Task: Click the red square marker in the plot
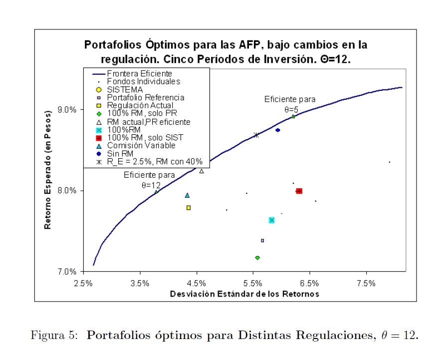[299, 191]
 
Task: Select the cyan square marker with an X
[271, 220]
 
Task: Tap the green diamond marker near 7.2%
[257, 258]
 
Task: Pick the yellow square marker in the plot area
[188, 208]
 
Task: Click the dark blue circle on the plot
[278, 130]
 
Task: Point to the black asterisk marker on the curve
[256, 135]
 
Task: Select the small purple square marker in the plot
[262, 241]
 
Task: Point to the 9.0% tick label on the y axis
[67, 110]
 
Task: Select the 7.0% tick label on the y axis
[67, 272]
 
